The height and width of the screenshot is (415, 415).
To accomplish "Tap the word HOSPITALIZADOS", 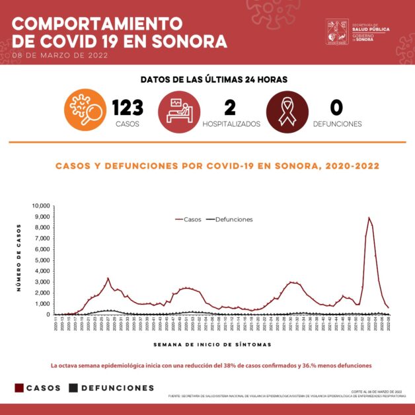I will pos(231,124).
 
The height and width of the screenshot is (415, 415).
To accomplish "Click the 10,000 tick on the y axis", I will pos(41,206).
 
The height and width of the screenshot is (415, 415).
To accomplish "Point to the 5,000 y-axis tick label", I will pos(42,260).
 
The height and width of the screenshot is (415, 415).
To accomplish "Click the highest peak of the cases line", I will pos(369,217).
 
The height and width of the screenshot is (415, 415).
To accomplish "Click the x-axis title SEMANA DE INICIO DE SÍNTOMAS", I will pos(211,344).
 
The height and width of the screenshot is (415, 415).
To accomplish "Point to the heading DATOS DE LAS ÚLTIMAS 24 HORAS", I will pos(213,79).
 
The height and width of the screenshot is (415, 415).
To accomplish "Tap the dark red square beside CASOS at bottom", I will pos(19,388).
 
